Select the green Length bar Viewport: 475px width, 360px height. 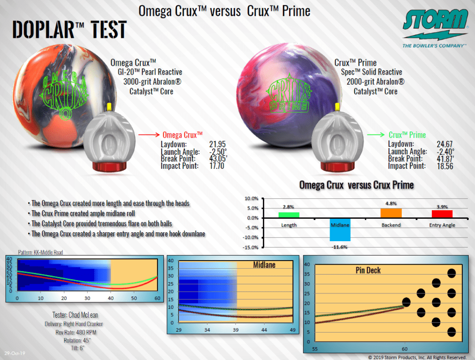tap(289, 215)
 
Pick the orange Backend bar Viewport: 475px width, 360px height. tap(391, 213)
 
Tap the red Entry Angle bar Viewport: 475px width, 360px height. tap(442, 214)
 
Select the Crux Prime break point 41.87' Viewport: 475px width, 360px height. tap(445, 159)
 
